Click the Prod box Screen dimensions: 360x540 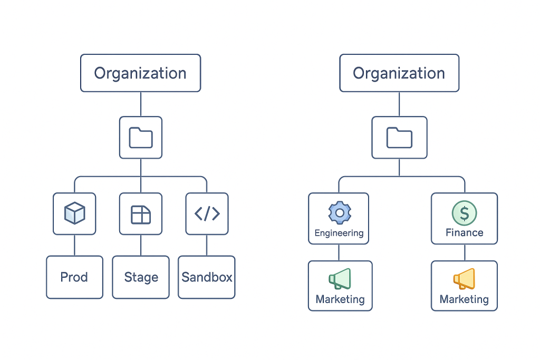74,277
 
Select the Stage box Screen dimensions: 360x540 141,277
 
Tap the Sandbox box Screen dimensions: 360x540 207,277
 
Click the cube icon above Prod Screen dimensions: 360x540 74,213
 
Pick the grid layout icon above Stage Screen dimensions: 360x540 141,213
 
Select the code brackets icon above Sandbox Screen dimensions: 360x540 207,213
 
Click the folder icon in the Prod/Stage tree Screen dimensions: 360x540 141,138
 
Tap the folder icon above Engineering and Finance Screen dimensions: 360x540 399,138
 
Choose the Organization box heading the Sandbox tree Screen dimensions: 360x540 140,73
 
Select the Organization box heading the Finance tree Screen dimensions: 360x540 399,73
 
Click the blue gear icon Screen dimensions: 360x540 340,212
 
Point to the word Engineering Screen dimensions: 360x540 339,233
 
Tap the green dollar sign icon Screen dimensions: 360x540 464,212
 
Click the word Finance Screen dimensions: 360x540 464,232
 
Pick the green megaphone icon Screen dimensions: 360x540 340,279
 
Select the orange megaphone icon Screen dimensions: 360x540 464,279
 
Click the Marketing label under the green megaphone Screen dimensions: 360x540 340,299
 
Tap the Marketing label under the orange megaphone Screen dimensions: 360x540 464,299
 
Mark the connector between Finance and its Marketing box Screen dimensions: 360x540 464,252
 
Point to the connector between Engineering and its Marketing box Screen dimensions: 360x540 339,252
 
